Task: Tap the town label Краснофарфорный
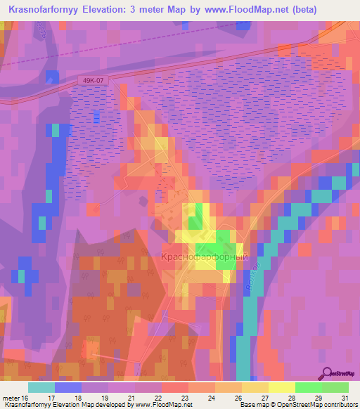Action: pos(205,258)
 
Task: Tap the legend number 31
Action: pos(344,398)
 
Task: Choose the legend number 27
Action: pos(269,398)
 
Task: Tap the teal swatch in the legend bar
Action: pos(41,387)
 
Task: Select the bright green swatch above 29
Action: pos(309,387)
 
